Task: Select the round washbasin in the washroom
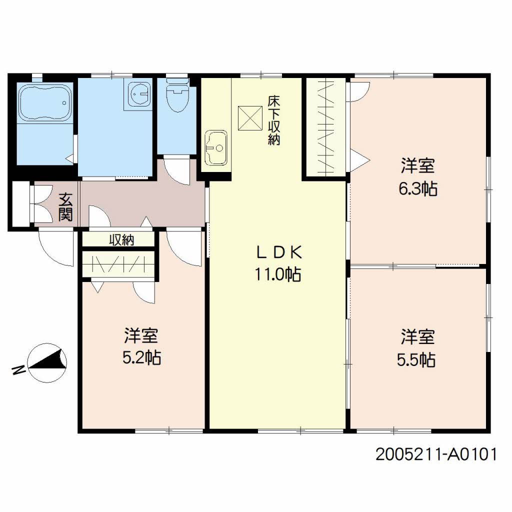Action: click(139, 94)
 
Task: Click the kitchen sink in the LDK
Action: click(215, 148)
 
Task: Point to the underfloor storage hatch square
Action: click(250, 118)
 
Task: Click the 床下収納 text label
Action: click(273, 120)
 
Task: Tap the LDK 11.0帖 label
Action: click(278, 263)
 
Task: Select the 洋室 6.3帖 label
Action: click(418, 177)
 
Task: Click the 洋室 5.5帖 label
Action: click(416, 348)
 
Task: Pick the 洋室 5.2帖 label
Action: click(141, 346)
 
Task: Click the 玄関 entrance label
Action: click(65, 207)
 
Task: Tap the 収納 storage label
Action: click(121, 240)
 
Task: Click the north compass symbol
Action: click(47, 363)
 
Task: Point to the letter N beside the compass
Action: click(18, 369)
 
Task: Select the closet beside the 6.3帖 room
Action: click(326, 127)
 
